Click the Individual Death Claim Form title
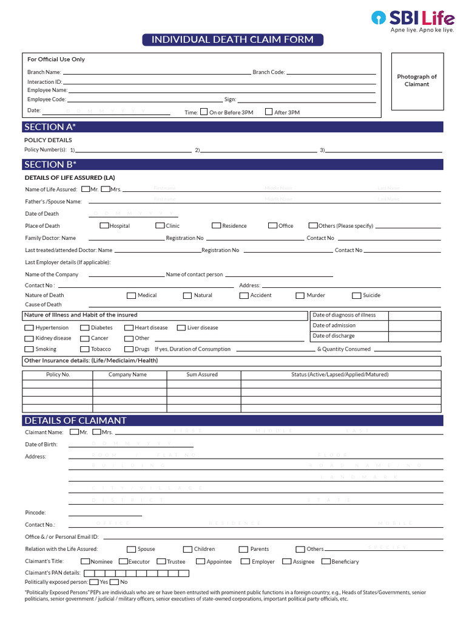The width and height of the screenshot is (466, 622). pyautogui.click(x=232, y=40)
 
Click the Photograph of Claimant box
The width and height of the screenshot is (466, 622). pyautogui.click(x=416, y=81)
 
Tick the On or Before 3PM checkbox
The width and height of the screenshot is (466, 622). pyautogui.click(x=204, y=112)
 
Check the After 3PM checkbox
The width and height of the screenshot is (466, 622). pyautogui.click(x=269, y=112)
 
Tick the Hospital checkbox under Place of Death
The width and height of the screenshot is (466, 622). pyautogui.click(x=104, y=225)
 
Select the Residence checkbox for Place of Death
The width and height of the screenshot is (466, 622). pyautogui.click(x=217, y=225)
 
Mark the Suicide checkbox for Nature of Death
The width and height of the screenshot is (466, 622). pyautogui.click(x=357, y=295)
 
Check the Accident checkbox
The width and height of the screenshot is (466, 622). pyautogui.click(x=244, y=295)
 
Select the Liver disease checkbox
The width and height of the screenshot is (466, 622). pyautogui.click(x=181, y=327)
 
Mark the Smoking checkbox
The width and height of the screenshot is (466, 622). pyautogui.click(x=29, y=349)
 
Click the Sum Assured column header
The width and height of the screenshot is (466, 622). pyautogui.click(x=201, y=375)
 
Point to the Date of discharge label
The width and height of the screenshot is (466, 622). pyautogui.click(x=334, y=336)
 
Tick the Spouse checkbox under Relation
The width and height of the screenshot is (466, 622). pyautogui.click(x=131, y=549)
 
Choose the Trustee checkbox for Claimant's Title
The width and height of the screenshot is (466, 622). pyautogui.click(x=161, y=561)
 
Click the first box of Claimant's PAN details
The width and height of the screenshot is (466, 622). pyautogui.click(x=89, y=573)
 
